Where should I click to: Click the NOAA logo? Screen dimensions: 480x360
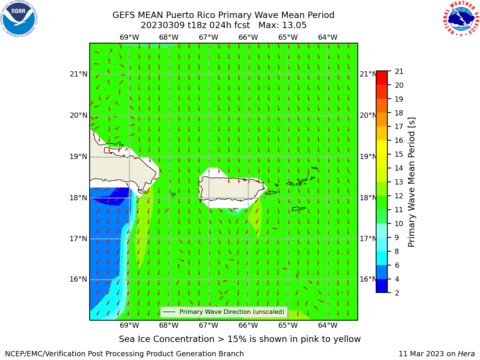(x=19, y=19)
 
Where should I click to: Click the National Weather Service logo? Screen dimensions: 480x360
(x=461, y=19)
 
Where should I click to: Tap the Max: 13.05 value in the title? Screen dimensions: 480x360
(x=282, y=25)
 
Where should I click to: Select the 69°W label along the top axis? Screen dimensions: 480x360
(x=129, y=37)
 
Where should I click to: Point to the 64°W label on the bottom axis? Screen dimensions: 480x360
(x=328, y=325)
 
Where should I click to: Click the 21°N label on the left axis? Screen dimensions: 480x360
(x=78, y=74)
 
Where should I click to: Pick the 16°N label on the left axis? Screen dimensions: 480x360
(x=78, y=279)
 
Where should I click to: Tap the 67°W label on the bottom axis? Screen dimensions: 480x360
(x=208, y=325)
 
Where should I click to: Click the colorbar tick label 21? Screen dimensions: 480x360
(x=399, y=72)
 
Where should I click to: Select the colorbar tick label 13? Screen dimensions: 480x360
(x=399, y=182)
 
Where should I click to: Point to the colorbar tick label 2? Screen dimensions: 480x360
(x=397, y=293)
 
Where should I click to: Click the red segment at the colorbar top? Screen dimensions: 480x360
(x=382, y=78)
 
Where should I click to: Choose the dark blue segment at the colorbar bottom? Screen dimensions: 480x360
(x=382, y=286)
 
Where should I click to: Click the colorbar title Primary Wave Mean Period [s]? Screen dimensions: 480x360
(x=411, y=182)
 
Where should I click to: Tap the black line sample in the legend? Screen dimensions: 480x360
(x=169, y=312)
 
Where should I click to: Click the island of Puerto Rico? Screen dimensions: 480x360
(x=232, y=189)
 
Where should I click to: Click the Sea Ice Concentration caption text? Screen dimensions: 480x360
(x=240, y=339)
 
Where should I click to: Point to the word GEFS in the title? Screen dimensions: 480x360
(x=124, y=15)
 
